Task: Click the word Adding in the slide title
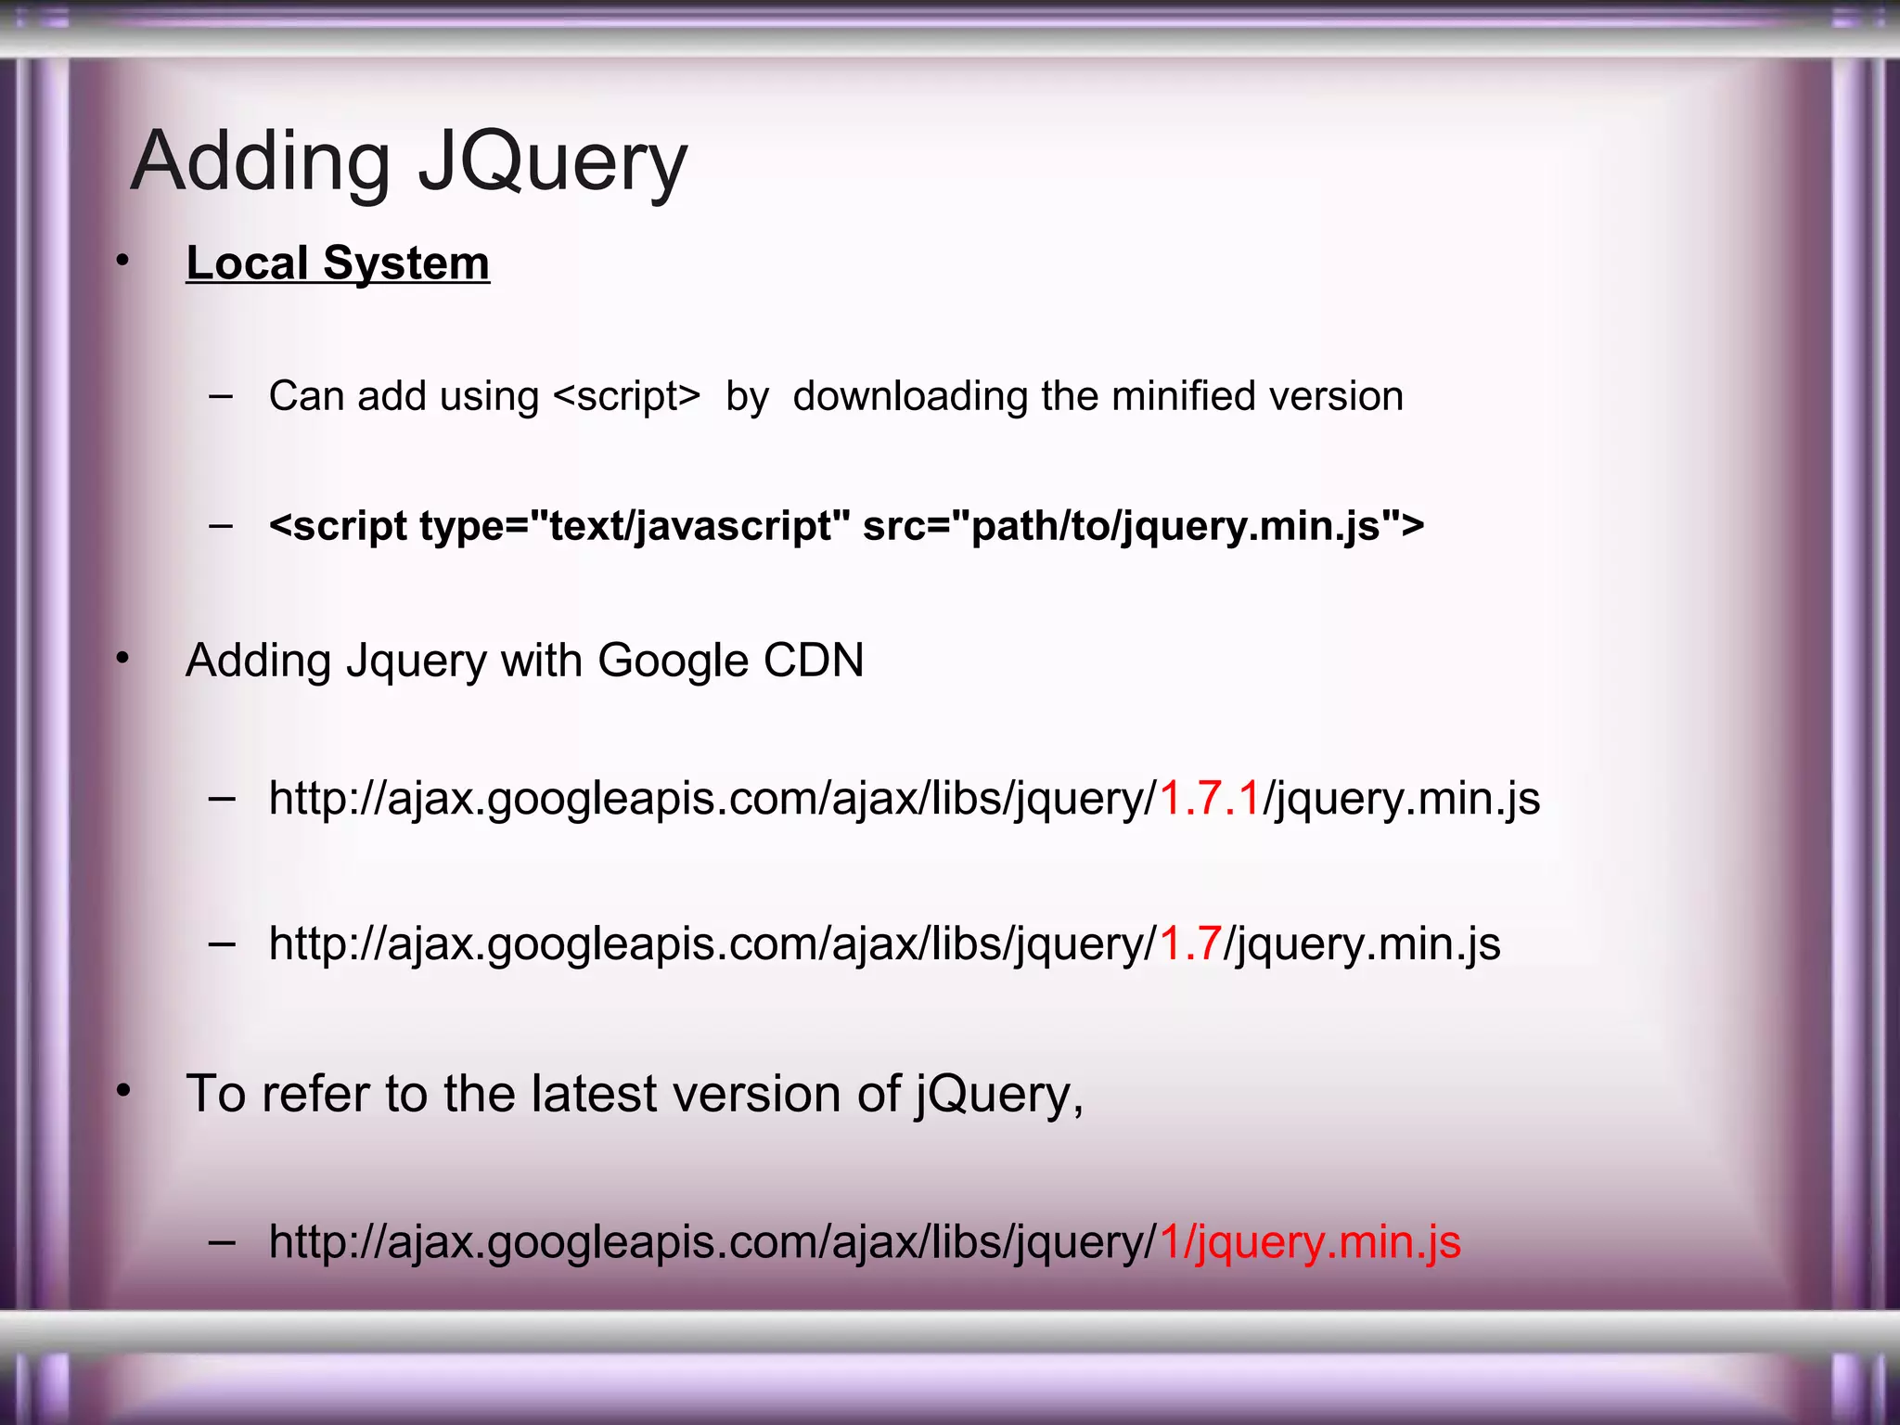click(x=261, y=163)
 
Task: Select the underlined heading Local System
click(x=338, y=263)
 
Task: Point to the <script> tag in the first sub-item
click(x=626, y=396)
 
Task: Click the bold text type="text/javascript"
click(x=635, y=526)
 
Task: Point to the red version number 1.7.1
click(x=1210, y=799)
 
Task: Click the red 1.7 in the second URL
click(x=1190, y=944)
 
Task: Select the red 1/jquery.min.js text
click(x=1310, y=1242)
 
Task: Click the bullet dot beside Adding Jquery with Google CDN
click(x=122, y=659)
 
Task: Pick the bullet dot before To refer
click(x=122, y=1091)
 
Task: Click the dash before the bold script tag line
click(x=222, y=526)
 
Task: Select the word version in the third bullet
click(x=758, y=1094)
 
